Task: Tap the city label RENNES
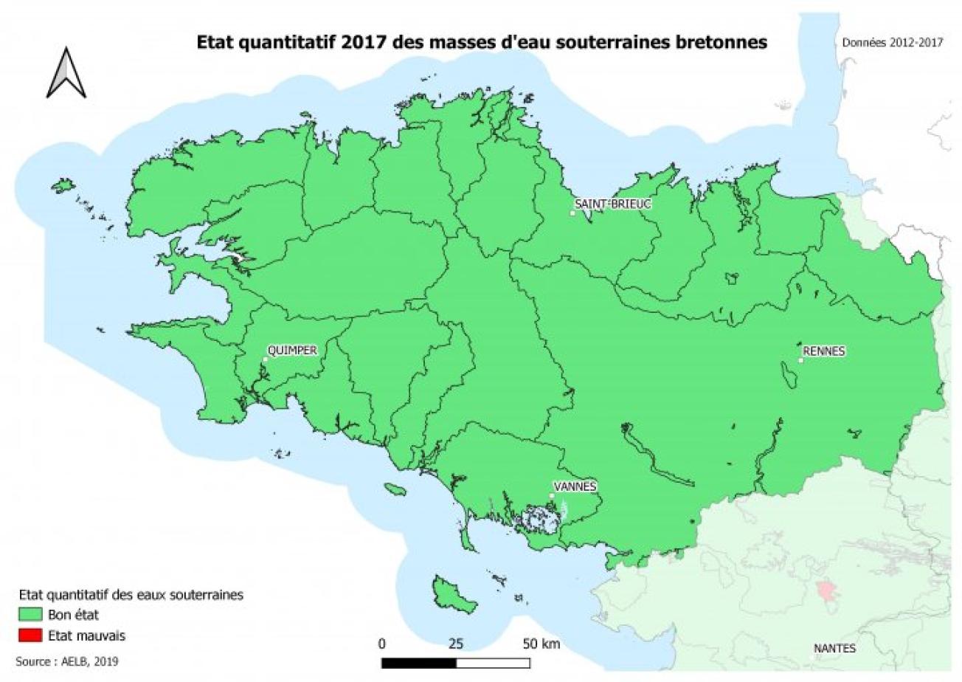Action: click(x=825, y=351)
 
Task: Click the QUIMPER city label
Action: click(x=292, y=351)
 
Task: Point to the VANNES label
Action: click(x=575, y=486)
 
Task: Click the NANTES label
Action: click(x=834, y=649)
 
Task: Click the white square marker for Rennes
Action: click(x=801, y=361)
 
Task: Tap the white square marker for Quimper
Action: click(x=265, y=360)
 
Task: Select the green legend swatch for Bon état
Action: click(x=30, y=614)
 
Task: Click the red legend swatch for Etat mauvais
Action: click(x=30, y=635)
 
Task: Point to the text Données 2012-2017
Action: click(x=893, y=43)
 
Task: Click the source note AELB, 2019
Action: click(x=66, y=662)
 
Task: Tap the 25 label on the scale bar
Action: click(x=456, y=644)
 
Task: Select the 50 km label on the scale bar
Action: click(x=541, y=644)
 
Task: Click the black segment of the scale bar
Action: click(x=418, y=662)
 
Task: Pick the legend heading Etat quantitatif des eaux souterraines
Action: click(x=131, y=594)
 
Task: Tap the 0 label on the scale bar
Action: click(x=381, y=644)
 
